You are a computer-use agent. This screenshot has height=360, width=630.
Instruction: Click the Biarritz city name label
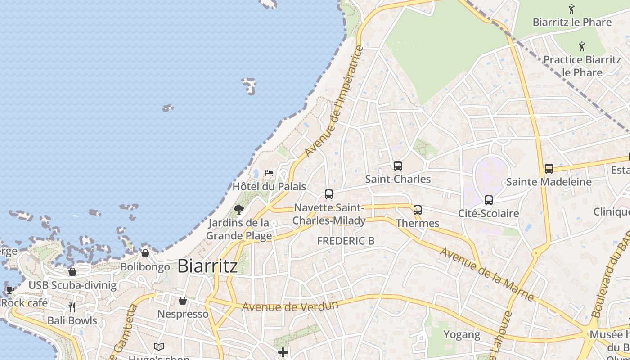coord(207,266)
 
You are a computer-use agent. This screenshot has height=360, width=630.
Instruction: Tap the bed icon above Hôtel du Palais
coord(269,173)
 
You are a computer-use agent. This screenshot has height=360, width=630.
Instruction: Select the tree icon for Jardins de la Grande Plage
coord(239,209)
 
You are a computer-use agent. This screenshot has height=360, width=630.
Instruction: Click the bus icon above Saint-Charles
coord(397,166)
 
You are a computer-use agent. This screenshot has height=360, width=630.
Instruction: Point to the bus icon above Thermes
coord(418,210)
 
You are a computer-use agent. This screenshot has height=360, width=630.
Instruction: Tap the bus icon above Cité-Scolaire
coord(489,200)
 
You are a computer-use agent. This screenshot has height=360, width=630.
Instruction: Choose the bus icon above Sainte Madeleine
coord(549,169)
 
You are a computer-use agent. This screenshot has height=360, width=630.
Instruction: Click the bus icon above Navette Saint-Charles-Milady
coord(329,194)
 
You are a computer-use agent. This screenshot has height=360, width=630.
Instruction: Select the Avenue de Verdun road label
coord(290,306)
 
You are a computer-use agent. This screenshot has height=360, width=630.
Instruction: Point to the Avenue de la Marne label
coord(487,274)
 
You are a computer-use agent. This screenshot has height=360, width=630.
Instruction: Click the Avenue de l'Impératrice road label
coord(334,101)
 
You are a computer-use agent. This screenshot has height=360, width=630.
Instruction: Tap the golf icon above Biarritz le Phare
coord(571,9)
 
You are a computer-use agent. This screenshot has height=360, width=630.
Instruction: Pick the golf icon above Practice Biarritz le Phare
coord(582,46)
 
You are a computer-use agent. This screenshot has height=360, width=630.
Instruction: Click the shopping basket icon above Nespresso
coord(183,300)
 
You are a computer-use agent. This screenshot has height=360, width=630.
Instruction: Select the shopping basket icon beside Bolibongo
coord(145,253)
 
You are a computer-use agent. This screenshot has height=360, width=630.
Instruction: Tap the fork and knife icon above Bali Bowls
coord(72,307)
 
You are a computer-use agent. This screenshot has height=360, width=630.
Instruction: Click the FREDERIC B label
coord(346,241)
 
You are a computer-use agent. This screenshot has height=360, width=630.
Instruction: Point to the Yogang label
coord(462,334)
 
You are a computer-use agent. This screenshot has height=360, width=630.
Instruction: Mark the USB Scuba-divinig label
coord(72,285)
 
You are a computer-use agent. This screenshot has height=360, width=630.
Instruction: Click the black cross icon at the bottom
coord(283,352)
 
